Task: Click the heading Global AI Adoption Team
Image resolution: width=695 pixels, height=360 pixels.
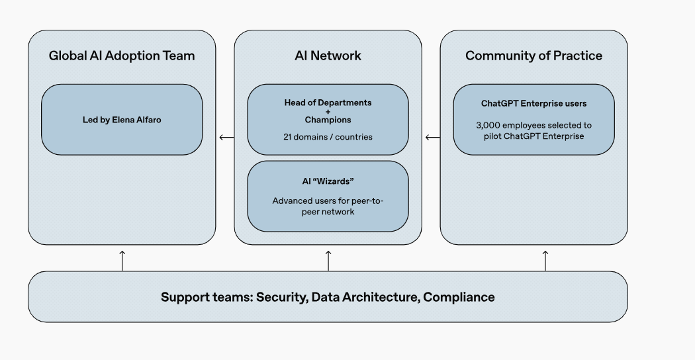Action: coord(122,56)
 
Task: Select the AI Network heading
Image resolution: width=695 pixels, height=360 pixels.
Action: coord(328,56)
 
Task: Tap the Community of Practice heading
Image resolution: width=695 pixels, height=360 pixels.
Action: coord(533,56)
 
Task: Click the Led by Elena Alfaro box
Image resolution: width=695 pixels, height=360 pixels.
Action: coord(122,120)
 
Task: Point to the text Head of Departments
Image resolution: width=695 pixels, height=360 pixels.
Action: coord(328,103)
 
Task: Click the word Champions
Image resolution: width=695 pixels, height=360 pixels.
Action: coord(328,120)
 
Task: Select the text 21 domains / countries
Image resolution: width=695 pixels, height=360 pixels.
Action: coord(328,137)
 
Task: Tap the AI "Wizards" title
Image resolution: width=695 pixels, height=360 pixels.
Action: coord(328,181)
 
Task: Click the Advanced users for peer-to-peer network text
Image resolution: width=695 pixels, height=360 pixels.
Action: coord(328,206)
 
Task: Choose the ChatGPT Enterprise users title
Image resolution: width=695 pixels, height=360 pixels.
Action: coord(533,103)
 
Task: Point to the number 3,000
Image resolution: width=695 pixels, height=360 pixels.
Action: coord(488,124)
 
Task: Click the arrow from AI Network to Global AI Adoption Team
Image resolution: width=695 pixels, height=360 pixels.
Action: coord(226,138)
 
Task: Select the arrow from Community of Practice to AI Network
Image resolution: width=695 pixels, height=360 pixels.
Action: coord(432,138)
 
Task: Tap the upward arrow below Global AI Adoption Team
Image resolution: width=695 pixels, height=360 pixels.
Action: coord(122,260)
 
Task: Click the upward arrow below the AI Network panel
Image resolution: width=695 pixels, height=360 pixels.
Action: coord(328,260)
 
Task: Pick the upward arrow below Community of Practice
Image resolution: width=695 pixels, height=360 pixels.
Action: coord(545,260)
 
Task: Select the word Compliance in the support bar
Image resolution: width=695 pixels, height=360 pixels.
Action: coord(459,297)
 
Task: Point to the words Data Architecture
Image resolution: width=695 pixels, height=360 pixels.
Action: coord(365,297)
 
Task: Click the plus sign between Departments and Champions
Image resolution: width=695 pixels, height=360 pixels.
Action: coord(328,111)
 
